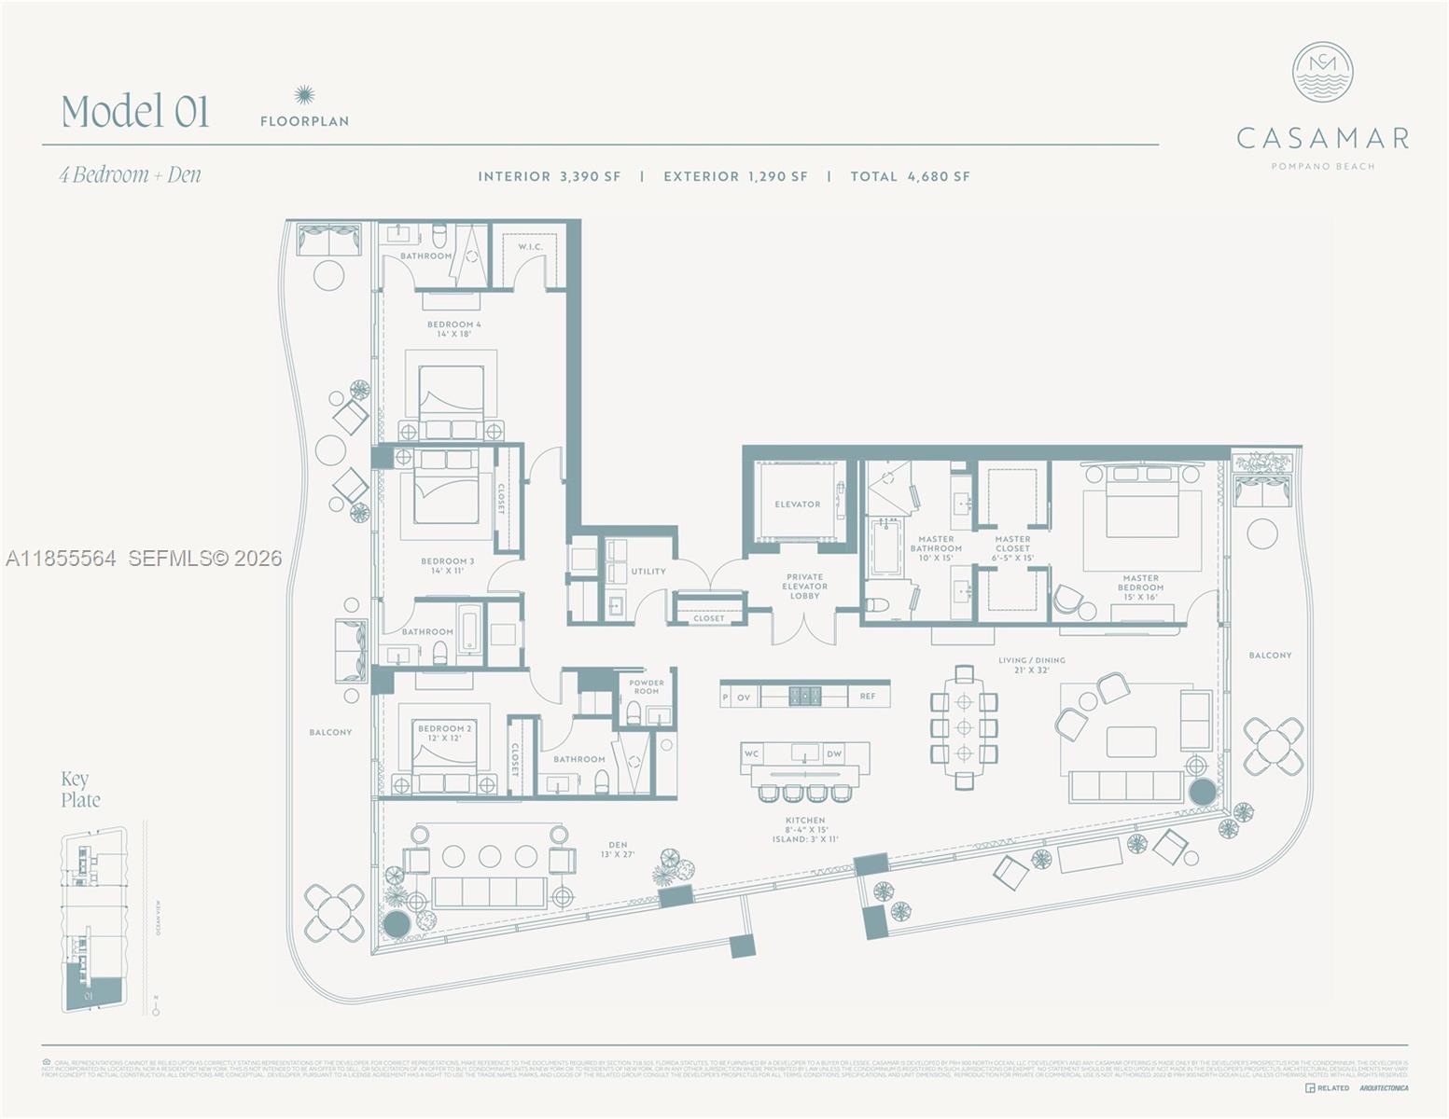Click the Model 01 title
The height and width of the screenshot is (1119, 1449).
click(135, 111)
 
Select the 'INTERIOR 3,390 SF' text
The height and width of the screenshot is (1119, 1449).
click(549, 176)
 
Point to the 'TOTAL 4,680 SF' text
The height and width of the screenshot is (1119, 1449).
click(910, 176)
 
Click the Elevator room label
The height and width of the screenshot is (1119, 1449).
click(798, 504)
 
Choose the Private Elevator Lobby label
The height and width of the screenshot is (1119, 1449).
click(804, 587)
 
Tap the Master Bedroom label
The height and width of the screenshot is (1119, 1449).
click(1140, 587)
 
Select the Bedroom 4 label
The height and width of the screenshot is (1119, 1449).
click(454, 329)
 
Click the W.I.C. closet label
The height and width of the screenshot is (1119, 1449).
click(530, 247)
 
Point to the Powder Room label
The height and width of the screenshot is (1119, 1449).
click(646, 686)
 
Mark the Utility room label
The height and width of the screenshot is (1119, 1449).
click(648, 572)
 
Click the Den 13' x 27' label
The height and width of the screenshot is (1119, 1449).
click(618, 850)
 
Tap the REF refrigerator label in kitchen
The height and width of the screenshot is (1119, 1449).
click(868, 697)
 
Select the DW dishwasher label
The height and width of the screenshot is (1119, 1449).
click(834, 753)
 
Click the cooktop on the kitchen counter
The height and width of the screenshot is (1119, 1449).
click(805, 696)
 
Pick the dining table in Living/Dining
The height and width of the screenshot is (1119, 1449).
click(964, 727)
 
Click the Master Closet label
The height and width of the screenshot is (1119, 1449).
click(1012, 548)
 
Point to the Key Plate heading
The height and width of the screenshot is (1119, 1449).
click(80, 789)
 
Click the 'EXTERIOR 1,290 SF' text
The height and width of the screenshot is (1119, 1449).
click(735, 176)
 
